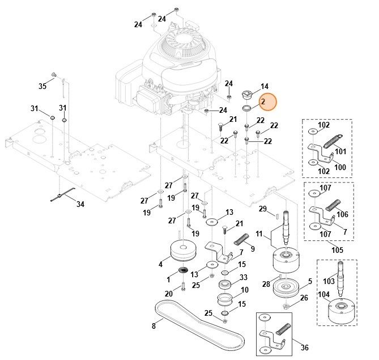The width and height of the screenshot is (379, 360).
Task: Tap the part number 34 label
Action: pyautogui.click(x=80, y=204)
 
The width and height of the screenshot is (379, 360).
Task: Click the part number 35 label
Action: pyautogui.click(x=42, y=86)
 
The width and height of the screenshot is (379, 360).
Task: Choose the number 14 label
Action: pyautogui.click(x=265, y=86)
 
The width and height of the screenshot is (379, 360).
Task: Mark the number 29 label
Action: pyautogui.click(x=263, y=209)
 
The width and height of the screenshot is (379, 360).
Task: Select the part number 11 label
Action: pyautogui.click(x=259, y=234)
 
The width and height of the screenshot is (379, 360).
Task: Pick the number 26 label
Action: pyautogui.click(x=304, y=298)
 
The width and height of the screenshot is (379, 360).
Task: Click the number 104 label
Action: pyautogui.click(x=323, y=295)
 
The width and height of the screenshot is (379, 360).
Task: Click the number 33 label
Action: pyautogui.click(x=244, y=277)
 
